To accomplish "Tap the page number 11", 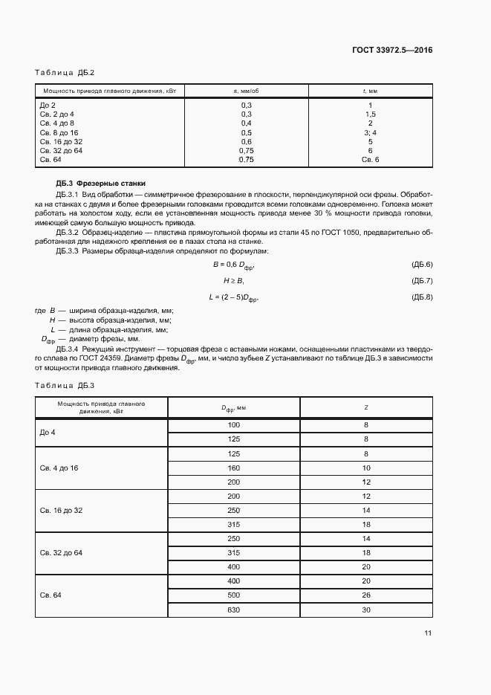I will (428, 633).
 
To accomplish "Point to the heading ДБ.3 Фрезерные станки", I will (101, 183).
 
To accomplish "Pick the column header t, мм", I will (370, 91).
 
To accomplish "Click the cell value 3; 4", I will (370, 132).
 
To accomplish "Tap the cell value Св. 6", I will (370, 160).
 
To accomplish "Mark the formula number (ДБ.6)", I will (421, 265).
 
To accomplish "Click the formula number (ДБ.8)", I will (421, 297).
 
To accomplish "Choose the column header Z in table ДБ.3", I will (366, 407).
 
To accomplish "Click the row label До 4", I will (48, 432).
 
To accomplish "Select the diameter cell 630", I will (234, 610).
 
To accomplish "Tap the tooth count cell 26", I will (366, 595).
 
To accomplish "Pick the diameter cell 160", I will (234, 468).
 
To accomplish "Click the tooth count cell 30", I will (366, 610).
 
